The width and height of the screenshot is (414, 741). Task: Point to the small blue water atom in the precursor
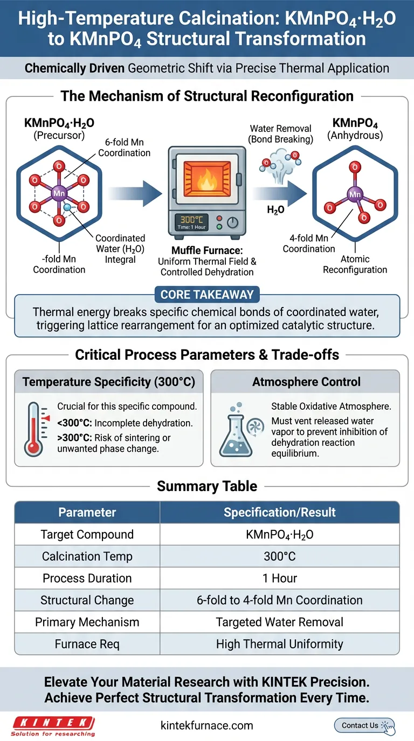67,207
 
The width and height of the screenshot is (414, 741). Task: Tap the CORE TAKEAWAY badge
207,295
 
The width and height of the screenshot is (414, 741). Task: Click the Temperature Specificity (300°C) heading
108,382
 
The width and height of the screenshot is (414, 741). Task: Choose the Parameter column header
87,512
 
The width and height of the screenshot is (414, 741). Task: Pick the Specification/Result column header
279,512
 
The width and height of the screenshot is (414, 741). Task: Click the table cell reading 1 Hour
279,578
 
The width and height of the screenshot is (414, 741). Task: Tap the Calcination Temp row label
87,556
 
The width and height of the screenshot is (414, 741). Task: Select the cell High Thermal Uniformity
279,644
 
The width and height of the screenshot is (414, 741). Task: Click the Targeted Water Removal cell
279,622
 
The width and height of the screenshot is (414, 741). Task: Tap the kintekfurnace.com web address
206,725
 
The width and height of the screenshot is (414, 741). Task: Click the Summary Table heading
207,486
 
